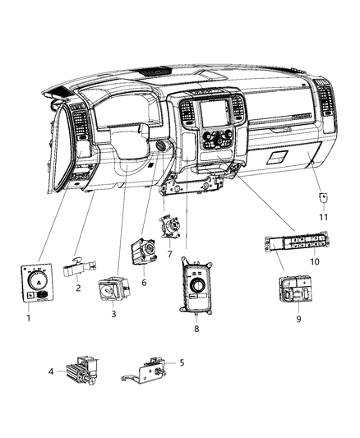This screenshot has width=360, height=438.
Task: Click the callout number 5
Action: (181, 362)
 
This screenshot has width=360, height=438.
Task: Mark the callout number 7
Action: (168, 255)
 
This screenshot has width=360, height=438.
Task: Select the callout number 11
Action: (323, 216)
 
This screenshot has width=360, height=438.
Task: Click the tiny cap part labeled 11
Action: (323, 198)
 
